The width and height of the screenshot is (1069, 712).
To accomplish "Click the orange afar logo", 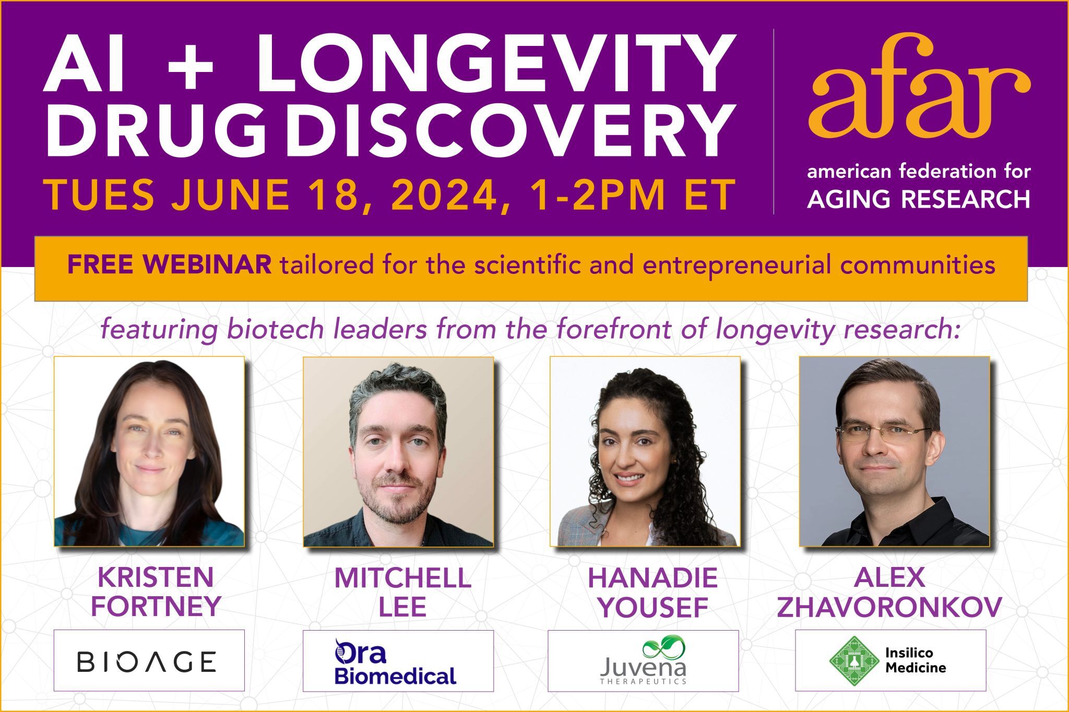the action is [x=919, y=86].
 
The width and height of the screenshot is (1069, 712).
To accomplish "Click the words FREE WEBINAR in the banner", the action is [x=169, y=265].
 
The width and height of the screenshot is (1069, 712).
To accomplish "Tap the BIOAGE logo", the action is [x=147, y=661].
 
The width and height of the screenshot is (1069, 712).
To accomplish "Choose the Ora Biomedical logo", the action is [x=395, y=661].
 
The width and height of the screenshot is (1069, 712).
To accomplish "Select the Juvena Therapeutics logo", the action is [x=643, y=660].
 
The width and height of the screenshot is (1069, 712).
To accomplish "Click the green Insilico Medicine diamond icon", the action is [x=854, y=660].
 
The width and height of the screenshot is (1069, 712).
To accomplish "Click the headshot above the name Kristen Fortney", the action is [x=149, y=452].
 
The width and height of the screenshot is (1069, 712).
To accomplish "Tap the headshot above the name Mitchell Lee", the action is [x=398, y=452].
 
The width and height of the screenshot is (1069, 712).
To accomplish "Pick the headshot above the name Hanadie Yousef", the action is [x=645, y=452].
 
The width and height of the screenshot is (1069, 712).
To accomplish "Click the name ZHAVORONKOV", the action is [x=889, y=607].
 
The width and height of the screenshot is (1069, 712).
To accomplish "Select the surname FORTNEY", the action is [x=156, y=606].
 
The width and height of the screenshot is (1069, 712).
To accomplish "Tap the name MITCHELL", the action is [x=402, y=577].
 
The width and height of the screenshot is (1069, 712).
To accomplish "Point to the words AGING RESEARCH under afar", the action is [x=919, y=199].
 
